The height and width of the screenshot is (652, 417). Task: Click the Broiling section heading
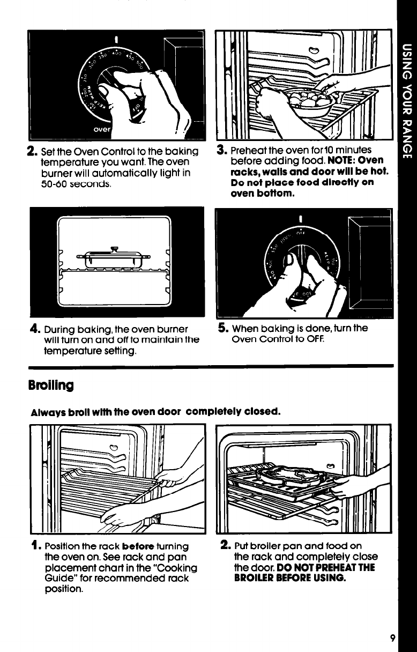51,386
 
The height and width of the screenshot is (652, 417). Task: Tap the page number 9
392,638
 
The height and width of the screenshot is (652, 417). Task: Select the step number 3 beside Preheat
221,150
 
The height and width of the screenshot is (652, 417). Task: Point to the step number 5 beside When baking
222,328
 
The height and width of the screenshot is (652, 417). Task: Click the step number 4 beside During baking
35,329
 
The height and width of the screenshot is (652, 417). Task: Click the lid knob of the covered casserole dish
114,249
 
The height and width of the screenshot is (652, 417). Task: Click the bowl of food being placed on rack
309,101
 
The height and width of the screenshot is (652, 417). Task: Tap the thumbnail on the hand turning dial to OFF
289,259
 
